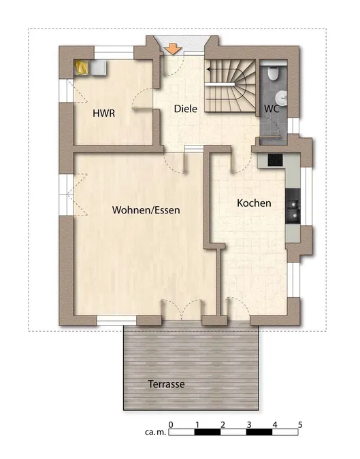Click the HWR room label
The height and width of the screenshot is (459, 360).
[103, 114]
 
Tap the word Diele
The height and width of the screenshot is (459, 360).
[185, 109]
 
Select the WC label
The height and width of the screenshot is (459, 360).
[272, 109]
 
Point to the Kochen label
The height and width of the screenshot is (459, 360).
[254, 203]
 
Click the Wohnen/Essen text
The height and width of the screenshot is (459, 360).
[146, 210]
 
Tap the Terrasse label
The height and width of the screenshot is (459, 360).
[166, 384]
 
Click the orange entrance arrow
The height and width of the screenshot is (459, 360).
[173, 48]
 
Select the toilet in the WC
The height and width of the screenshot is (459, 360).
[274, 73]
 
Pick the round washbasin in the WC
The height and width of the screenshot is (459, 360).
[282, 97]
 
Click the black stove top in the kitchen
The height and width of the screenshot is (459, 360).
[276, 160]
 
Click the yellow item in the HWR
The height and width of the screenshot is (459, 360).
[80, 67]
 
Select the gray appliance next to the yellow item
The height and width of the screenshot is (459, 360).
[98, 67]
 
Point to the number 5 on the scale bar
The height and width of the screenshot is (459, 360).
[300, 424]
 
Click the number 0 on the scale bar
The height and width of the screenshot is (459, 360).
[171, 424]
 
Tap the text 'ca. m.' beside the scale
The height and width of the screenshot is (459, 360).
[156, 432]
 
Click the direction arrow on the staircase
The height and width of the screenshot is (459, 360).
[223, 69]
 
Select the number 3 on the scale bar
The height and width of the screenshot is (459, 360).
[248, 424]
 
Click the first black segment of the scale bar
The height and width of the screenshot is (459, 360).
[208, 432]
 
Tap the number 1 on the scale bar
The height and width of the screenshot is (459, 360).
[197, 424]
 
